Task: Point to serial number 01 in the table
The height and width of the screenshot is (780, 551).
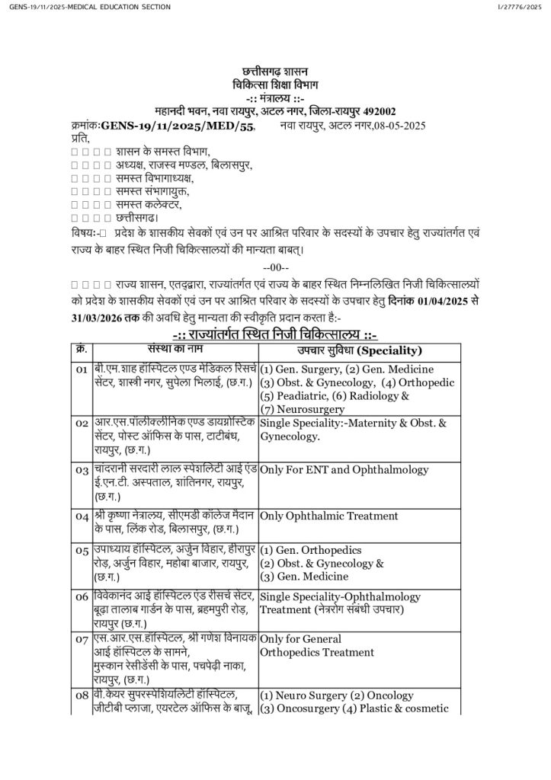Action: coord(82,369)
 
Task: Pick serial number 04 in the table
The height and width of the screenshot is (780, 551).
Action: coord(82,517)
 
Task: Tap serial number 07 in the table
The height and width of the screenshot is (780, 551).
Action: coord(82,639)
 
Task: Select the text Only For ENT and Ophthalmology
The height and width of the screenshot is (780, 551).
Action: coord(344,470)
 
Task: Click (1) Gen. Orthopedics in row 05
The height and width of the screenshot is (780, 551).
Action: coord(311,549)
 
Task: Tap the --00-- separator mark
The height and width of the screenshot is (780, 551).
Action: coord(275,267)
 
